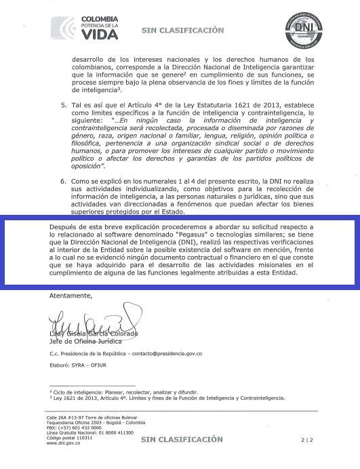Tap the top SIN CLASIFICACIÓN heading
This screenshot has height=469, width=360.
pos(182,30)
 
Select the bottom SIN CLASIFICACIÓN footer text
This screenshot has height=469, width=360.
pos(182,439)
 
